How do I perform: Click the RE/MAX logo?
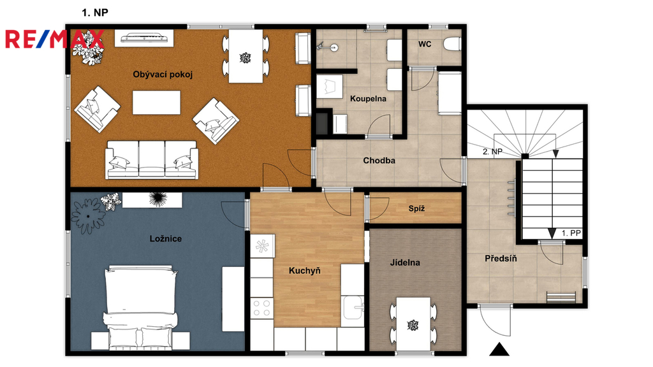click(54, 39)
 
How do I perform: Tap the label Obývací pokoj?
click(163, 75)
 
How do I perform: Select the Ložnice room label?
click(165, 238)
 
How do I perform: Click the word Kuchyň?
click(305, 270)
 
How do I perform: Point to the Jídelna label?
click(405, 263)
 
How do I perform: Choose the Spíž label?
click(416, 208)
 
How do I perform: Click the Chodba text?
click(379, 160)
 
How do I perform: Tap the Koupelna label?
click(368, 99)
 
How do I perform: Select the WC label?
click(425, 44)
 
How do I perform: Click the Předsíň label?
click(501, 259)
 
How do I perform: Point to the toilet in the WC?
click(452, 44)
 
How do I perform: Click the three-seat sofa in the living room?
click(152, 160)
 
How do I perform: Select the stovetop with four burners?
click(261, 308)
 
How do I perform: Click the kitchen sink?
click(353, 307)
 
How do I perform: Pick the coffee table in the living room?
click(157, 103)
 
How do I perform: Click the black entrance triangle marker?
click(499, 350)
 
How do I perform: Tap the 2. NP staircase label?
click(492, 152)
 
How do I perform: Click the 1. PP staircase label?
click(571, 233)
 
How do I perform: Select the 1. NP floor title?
click(95, 13)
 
